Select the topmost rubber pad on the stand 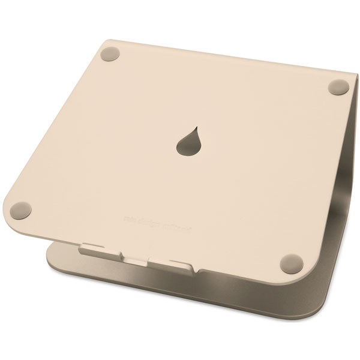(x=110, y=54)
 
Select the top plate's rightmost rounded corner (x=349, y=78)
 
